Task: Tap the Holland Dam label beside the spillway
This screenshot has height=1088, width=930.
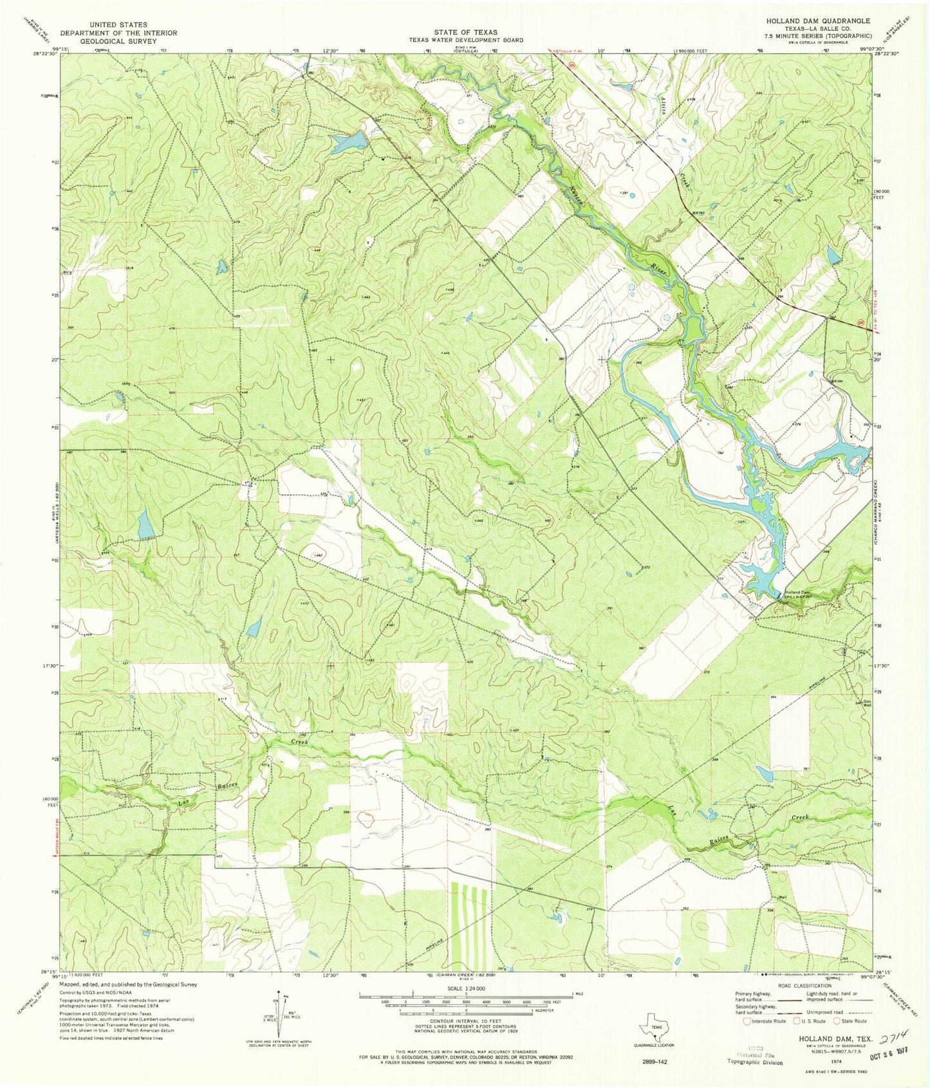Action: tap(795, 592)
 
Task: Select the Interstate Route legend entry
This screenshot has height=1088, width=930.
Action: tap(765, 1021)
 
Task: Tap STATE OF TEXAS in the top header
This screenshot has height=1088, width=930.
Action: tap(465, 32)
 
